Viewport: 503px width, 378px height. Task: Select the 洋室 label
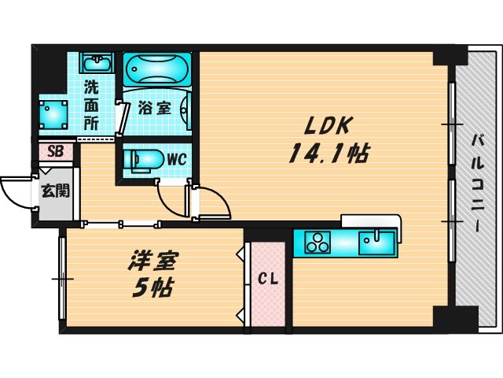[153, 260]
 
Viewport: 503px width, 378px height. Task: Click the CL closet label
[266, 279]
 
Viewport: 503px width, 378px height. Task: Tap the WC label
[175, 158]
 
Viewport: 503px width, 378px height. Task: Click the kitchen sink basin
[377, 241]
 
